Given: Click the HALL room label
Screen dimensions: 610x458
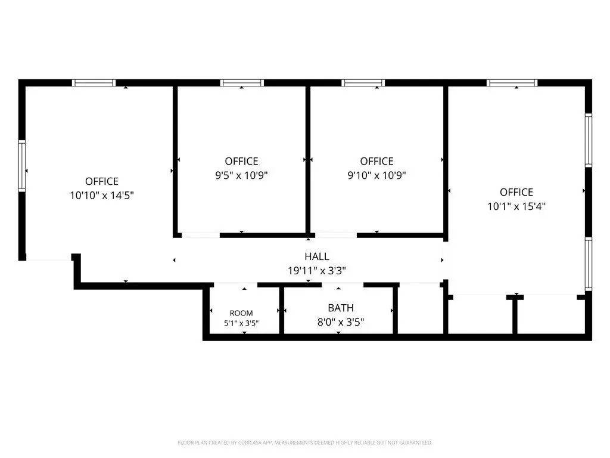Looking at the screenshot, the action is (317, 256).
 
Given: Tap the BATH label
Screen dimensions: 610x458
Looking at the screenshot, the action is (341, 308).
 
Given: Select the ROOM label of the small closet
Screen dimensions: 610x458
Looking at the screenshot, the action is (241, 313).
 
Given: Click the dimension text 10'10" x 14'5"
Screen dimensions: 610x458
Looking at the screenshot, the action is (102, 195).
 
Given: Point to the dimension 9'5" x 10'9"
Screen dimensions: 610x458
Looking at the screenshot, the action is (242, 175).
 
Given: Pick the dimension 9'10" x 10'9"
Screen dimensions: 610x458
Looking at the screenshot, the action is (376, 175).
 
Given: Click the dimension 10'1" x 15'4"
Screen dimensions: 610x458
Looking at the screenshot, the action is (516, 206).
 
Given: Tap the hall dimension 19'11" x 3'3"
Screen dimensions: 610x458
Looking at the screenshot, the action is (317, 270).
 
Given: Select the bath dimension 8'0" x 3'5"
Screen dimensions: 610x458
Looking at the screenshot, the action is (341, 322).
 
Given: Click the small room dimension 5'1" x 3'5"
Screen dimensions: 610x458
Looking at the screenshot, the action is (241, 323).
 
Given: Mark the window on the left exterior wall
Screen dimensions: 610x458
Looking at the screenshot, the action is (22, 166).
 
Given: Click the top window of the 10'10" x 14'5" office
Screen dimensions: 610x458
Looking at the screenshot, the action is (94, 82).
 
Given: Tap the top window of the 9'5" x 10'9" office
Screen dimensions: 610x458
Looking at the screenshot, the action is (242, 82).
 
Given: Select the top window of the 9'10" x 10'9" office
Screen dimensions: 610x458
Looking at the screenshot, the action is (363, 82).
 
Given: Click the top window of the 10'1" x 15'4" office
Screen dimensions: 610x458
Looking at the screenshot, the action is (512, 82).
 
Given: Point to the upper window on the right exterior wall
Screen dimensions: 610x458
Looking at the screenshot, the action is (589, 141).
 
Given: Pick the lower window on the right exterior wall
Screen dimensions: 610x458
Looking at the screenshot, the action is (589, 264).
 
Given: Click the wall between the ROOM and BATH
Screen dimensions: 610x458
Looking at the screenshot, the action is (282, 310).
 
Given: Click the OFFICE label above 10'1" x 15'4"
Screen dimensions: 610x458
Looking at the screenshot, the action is (516, 192).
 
